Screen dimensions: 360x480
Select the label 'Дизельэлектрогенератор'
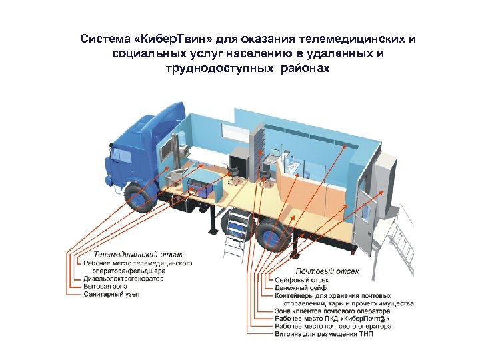(123, 279)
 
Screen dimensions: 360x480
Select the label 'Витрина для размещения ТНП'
(324, 334)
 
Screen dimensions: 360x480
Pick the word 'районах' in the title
(306, 68)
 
